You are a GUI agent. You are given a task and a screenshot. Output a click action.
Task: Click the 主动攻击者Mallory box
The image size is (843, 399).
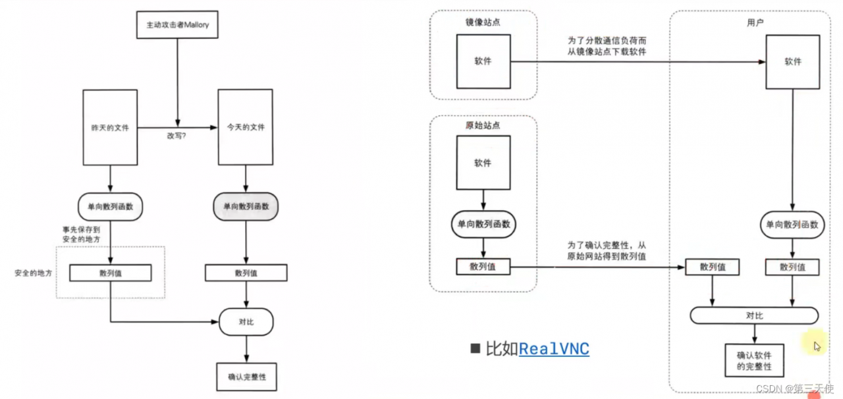tap(177, 27)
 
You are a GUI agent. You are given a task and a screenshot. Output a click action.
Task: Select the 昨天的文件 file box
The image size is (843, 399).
tap(110, 127)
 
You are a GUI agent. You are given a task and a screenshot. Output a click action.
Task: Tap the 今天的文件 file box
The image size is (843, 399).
tap(246, 127)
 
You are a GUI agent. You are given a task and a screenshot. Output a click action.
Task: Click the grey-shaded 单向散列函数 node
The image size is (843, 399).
tap(246, 207)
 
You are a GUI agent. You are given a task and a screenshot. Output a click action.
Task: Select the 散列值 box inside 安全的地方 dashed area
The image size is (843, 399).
tap(111, 273)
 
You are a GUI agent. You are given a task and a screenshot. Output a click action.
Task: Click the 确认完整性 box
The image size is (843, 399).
tap(246, 377)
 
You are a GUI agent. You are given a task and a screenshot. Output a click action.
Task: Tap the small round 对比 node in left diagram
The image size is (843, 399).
tap(246, 322)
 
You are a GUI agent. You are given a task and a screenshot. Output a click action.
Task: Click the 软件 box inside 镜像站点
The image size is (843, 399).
tap(483, 61)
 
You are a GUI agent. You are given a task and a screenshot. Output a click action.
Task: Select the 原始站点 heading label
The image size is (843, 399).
tap(483, 125)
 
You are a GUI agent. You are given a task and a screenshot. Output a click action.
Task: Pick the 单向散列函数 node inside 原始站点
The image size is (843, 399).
tap(483, 225)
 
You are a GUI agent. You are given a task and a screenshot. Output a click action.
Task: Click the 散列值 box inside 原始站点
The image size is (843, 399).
tap(483, 266)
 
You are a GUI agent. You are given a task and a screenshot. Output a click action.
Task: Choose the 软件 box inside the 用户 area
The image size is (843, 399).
tap(792, 62)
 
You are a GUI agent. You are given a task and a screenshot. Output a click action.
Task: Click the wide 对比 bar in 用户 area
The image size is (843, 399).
tap(754, 315)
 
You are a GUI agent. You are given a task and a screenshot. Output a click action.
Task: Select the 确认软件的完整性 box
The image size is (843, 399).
tap(754, 360)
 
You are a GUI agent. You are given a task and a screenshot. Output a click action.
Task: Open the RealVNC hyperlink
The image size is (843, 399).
tap(554, 349)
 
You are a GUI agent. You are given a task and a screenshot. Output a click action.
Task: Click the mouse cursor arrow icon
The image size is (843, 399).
tap(817, 346)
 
